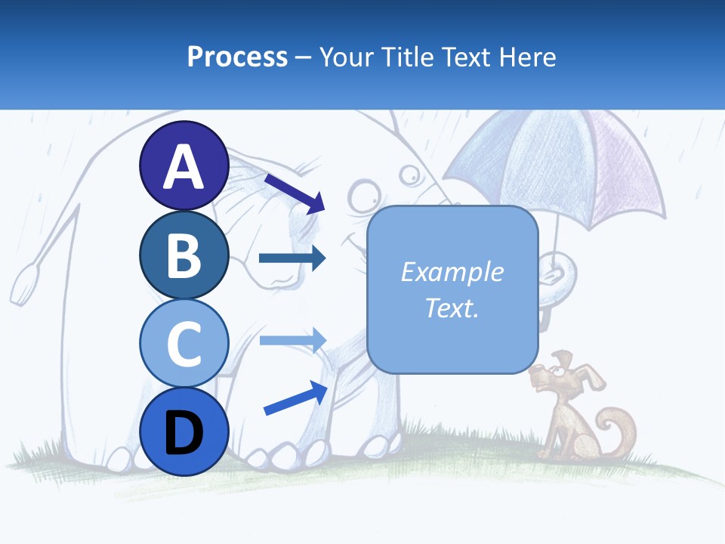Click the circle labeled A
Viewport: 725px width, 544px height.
184,165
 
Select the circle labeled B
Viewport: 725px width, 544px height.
184,255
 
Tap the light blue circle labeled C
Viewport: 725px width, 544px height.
184,344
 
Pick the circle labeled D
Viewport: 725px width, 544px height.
184,432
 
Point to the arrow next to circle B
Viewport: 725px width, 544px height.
292,258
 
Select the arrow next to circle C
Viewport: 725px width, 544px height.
292,341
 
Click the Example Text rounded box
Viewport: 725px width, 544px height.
452,290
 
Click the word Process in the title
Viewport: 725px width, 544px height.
237,57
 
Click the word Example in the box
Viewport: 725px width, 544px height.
452,272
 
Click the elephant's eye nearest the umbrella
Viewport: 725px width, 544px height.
410,175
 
